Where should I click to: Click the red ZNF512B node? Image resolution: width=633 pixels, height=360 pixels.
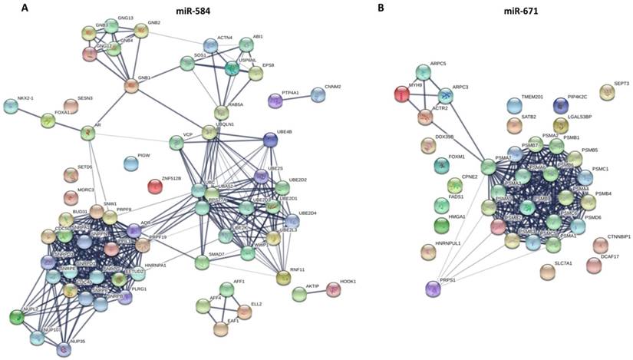coord(155,186)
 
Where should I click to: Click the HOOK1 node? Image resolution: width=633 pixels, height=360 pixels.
coord(333,289)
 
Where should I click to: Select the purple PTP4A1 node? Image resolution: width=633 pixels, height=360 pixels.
coord(275,101)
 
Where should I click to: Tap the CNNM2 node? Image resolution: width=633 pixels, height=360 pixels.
coord(318,94)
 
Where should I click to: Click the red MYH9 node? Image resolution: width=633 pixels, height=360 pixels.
coord(401,94)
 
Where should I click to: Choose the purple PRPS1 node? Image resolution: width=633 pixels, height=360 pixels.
coord(434,289)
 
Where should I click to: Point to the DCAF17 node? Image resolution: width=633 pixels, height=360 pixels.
coord(594,265)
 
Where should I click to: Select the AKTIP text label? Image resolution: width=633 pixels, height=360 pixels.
coord(312,286)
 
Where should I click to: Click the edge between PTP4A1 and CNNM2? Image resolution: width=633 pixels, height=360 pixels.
coord(296,97)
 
